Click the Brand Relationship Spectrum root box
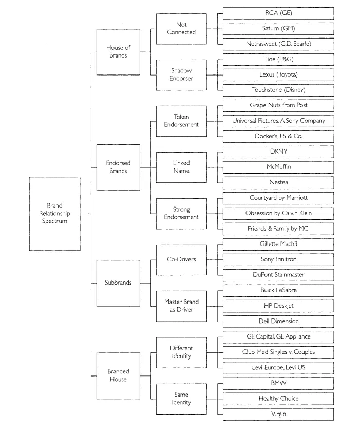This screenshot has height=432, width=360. pyautogui.click(x=54, y=213)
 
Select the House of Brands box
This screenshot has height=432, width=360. pyautogui.click(x=119, y=51)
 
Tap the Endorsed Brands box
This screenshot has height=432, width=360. pyautogui.click(x=119, y=167)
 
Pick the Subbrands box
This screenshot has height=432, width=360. pyautogui.click(x=119, y=283)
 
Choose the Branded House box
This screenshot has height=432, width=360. pyautogui.click(x=119, y=375)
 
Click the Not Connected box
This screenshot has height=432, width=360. pyautogui.click(x=177, y=28)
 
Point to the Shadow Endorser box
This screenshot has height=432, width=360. pyautogui.click(x=177, y=74)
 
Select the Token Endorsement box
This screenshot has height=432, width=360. pyautogui.click(x=177, y=121)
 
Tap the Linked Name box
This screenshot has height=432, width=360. pyautogui.click(x=177, y=167)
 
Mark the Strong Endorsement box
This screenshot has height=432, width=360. pyautogui.click(x=177, y=213)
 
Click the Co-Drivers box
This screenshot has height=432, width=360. pyautogui.click(x=177, y=259)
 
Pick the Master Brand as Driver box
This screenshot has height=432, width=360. pyautogui.click(x=177, y=306)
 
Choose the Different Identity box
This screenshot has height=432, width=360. pyautogui.click(x=177, y=352)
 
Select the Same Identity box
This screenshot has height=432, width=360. pyautogui.click(x=177, y=398)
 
